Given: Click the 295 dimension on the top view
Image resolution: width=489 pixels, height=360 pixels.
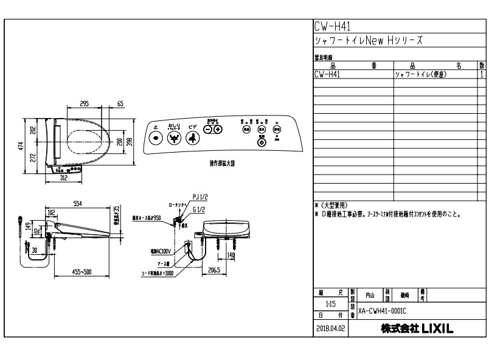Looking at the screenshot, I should point(85,104).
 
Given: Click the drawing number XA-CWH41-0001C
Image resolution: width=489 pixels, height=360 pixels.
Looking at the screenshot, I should point(383,310).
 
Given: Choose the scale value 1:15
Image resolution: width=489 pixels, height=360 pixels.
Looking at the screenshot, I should point(331,303).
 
